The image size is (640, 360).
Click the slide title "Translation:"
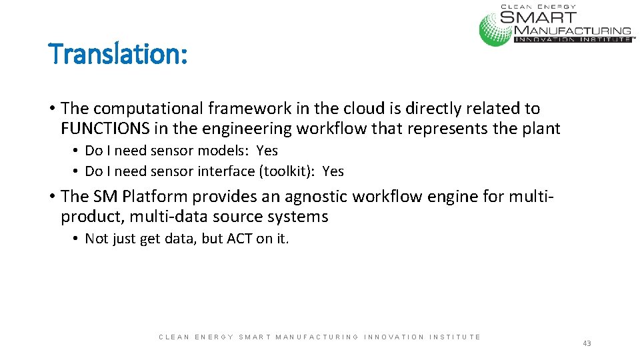point(119,53)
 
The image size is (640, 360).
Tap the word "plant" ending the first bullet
point(541,128)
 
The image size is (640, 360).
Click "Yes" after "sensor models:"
point(267,151)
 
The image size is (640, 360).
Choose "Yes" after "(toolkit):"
point(333,171)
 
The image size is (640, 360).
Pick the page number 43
point(587,343)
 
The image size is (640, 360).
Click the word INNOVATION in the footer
point(393,337)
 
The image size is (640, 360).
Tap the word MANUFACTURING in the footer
point(317,337)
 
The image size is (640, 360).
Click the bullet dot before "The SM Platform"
point(51,197)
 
